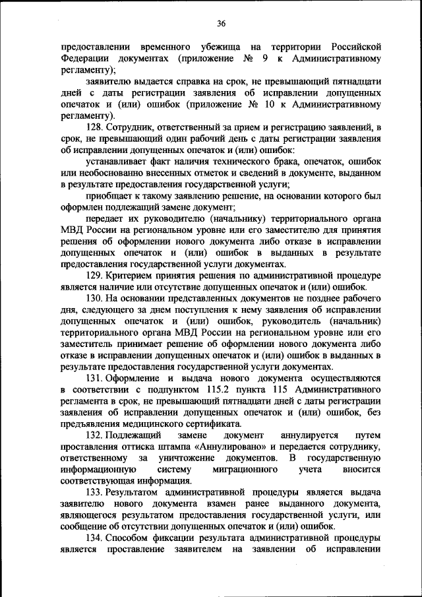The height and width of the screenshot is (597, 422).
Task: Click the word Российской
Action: click(353, 47)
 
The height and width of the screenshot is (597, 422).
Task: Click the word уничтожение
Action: click(185, 458)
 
